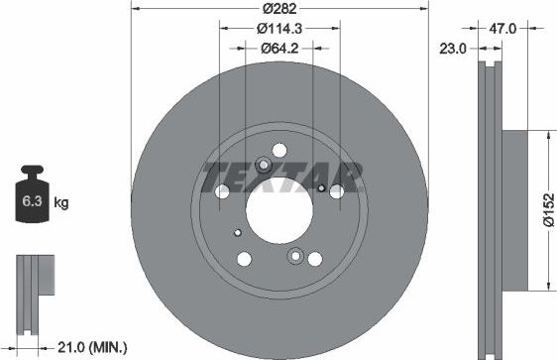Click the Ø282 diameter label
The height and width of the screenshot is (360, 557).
click(x=280, y=10)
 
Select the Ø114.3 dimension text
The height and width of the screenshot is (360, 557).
click(x=279, y=28)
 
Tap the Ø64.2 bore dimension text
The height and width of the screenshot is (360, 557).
click(x=280, y=47)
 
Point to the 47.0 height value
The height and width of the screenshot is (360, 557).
click(x=505, y=30)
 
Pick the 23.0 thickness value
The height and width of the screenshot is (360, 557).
click(x=455, y=47)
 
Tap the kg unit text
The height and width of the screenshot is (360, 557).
click(x=61, y=204)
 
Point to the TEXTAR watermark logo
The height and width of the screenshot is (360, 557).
click(x=280, y=181)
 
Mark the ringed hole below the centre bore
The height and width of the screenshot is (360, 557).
click(x=294, y=257)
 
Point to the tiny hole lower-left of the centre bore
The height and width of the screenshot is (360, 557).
click(x=238, y=233)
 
